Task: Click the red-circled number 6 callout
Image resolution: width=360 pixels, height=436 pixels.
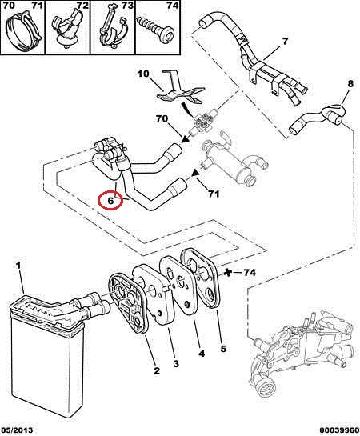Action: click(x=110, y=200)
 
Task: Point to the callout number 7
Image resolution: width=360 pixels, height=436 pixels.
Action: click(x=285, y=42)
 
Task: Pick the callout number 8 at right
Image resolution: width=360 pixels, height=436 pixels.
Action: click(x=350, y=83)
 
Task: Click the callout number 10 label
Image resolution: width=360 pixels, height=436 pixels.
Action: click(x=143, y=74)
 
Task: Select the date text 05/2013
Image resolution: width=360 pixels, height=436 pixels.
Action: click(x=17, y=430)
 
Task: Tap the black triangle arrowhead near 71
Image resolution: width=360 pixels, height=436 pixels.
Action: click(x=196, y=174)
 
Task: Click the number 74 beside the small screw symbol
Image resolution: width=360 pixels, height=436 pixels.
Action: click(x=250, y=273)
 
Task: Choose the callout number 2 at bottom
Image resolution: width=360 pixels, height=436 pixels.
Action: click(x=157, y=370)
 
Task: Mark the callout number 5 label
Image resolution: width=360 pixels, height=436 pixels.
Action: click(x=223, y=349)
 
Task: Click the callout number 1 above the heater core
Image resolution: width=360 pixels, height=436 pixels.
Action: click(x=18, y=266)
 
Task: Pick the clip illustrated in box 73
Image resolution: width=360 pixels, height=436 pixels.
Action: click(x=112, y=30)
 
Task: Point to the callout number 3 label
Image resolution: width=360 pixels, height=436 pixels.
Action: click(x=176, y=363)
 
